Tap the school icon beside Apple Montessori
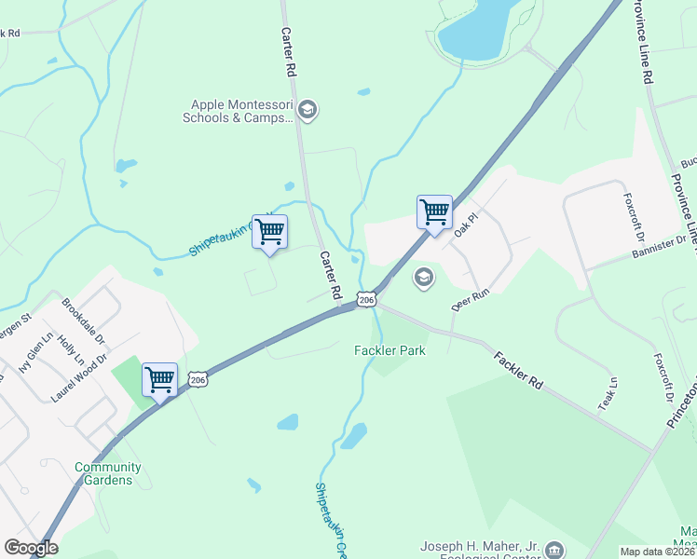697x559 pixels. (x=308, y=112)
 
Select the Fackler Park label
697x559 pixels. (x=389, y=350)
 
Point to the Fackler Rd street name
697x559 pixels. (x=518, y=370)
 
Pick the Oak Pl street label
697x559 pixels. (x=465, y=225)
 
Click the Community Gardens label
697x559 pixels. (x=108, y=473)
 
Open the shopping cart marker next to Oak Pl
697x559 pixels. (x=434, y=212)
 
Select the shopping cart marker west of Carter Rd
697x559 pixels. (x=269, y=232)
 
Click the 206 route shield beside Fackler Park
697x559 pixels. (x=367, y=300)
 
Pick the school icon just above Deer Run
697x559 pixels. (x=424, y=278)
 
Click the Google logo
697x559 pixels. (x=31, y=548)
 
